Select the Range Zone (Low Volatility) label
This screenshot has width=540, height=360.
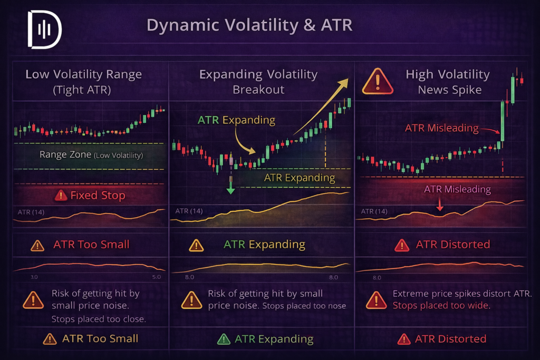[91, 155]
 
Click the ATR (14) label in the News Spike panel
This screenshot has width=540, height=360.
[374, 211]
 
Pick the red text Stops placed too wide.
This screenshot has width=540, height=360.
[441, 305]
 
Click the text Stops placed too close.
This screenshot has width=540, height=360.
[99, 319]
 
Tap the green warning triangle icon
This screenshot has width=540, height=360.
[224, 339]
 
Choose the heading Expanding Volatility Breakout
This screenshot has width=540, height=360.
[258, 82]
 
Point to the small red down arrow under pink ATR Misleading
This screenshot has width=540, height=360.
[440, 207]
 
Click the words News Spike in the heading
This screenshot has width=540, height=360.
[449, 90]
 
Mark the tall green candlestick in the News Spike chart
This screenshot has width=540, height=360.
[503, 124]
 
